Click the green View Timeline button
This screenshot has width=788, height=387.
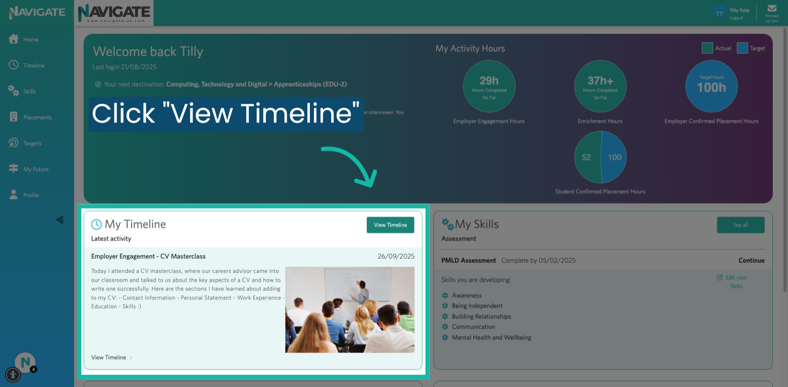(x=390, y=225)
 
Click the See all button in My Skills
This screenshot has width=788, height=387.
(x=740, y=225)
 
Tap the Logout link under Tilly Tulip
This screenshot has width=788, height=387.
(x=736, y=18)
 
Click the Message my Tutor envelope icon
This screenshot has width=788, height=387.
(x=772, y=9)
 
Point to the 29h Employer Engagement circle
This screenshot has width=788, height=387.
(x=489, y=86)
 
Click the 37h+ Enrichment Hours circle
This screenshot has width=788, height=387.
(x=600, y=86)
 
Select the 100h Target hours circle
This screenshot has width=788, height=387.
(x=711, y=86)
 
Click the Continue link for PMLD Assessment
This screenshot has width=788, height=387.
(x=751, y=260)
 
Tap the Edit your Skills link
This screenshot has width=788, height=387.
(x=736, y=282)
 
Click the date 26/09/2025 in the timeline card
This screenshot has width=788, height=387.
(x=396, y=256)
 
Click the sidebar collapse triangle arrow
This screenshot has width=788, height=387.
(x=60, y=220)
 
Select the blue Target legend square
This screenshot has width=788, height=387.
(x=742, y=48)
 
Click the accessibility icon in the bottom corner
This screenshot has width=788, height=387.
(x=13, y=375)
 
